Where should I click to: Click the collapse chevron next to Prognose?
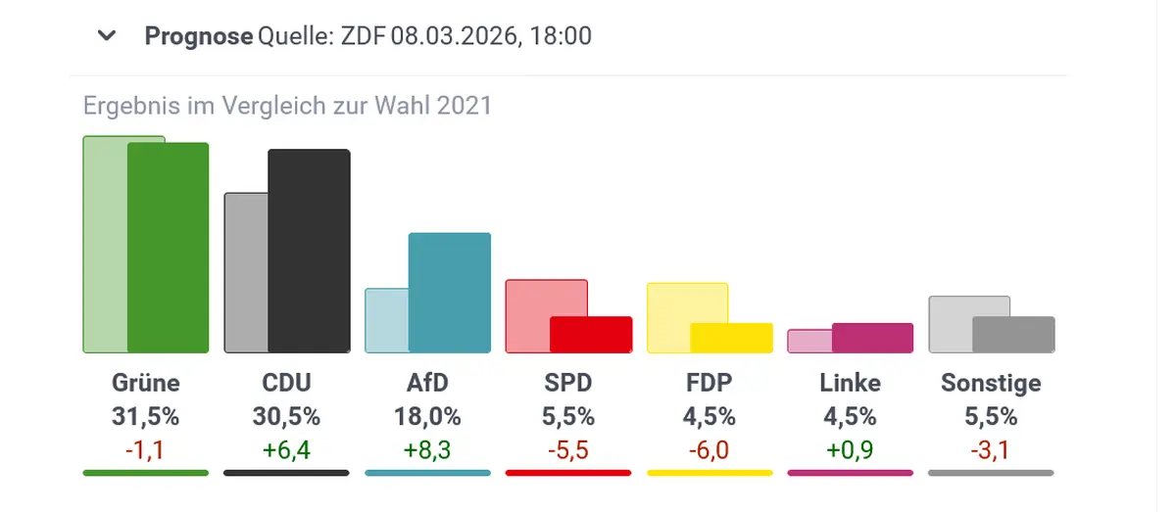(107, 37)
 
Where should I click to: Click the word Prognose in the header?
(199, 37)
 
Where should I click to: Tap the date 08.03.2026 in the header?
(456, 37)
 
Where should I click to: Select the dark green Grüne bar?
(169, 248)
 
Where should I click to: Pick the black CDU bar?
(309, 251)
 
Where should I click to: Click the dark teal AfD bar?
(449, 293)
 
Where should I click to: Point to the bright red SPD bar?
(591, 335)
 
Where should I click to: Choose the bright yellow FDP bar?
(732, 338)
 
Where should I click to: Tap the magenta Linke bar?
(872, 338)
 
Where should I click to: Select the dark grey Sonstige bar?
(1013, 335)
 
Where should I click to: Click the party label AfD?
(428, 382)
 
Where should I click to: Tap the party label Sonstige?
(991, 382)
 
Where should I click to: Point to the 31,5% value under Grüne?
(146, 416)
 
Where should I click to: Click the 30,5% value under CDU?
(286, 416)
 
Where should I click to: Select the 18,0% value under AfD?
(427, 416)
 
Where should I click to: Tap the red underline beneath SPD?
(568, 473)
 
